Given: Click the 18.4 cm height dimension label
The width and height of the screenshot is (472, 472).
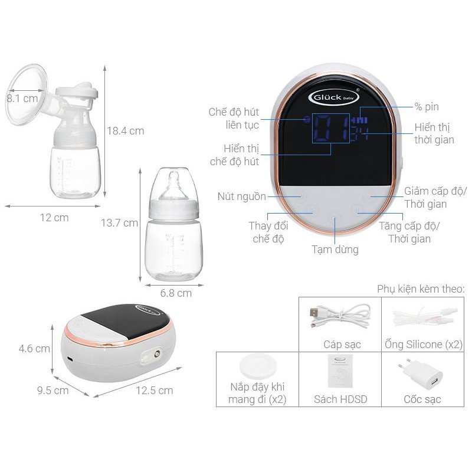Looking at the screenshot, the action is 126,131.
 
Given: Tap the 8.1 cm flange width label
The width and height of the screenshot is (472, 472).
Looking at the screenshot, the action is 22,99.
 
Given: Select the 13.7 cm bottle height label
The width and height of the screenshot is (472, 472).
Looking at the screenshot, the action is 119,223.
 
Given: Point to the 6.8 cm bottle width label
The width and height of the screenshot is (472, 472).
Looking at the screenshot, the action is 176,293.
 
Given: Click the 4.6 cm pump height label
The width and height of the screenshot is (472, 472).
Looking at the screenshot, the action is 34,349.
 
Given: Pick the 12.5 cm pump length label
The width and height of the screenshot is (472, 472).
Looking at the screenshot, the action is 154,391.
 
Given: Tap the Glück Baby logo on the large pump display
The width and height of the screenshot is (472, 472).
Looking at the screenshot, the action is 334,97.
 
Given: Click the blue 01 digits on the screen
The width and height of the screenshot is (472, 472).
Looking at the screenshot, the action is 331,128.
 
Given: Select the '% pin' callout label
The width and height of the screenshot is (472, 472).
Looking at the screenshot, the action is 427,107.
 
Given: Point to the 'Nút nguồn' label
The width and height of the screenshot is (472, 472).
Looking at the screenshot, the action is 242,196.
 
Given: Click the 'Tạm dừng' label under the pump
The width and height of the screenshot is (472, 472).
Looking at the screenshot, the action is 335,250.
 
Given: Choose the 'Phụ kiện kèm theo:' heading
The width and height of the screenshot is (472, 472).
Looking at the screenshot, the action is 421,289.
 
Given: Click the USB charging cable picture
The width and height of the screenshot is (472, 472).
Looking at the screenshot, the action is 340,317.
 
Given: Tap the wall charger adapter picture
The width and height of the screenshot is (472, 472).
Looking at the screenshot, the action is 421,374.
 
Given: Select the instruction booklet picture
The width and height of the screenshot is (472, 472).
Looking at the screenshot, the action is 340,371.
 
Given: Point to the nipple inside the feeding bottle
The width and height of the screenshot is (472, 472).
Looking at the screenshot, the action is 173,185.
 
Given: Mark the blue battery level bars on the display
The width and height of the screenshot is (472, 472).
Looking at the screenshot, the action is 360,121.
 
